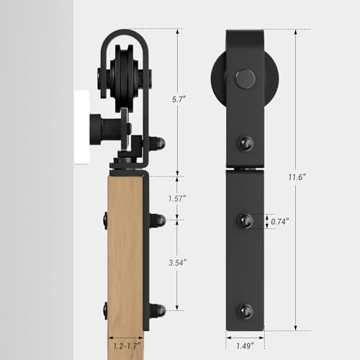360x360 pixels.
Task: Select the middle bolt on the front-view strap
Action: [x=246, y=220]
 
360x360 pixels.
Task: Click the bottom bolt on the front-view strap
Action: [x=246, y=311]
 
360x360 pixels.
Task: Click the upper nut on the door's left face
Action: [x=105, y=219]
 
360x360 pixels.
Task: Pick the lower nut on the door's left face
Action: [x=105, y=310]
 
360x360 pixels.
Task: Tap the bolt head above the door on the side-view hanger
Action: [x=161, y=143]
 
